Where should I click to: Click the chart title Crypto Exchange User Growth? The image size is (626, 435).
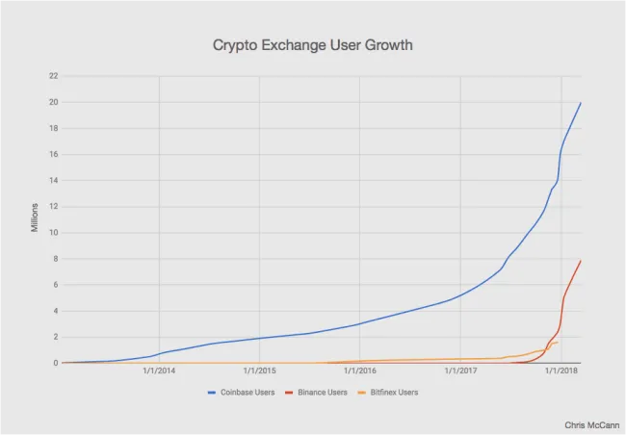click(x=312, y=45)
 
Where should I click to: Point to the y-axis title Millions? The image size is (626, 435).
click(x=35, y=217)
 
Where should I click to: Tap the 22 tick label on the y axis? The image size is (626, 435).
click(x=53, y=76)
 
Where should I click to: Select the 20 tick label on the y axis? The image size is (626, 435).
click(x=53, y=102)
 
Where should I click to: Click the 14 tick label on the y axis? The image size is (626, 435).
click(x=53, y=180)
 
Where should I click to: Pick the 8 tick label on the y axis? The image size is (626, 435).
click(x=55, y=259)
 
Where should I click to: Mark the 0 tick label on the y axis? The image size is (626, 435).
click(x=55, y=363)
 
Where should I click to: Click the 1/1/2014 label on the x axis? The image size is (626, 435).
click(x=159, y=371)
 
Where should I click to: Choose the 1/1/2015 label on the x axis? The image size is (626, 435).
click(x=259, y=371)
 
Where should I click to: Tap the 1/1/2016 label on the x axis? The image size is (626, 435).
click(x=360, y=371)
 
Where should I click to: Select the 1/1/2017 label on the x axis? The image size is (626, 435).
click(x=460, y=371)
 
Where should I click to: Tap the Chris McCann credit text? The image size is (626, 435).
click(x=590, y=423)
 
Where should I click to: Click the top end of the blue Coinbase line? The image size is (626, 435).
click(x=581, y=103)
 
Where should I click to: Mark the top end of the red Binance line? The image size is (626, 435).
click(x=581, y=261)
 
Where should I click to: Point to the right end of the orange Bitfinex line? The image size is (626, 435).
click(x=558, y=342)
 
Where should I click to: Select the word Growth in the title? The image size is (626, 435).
click(x=387, y=45)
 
